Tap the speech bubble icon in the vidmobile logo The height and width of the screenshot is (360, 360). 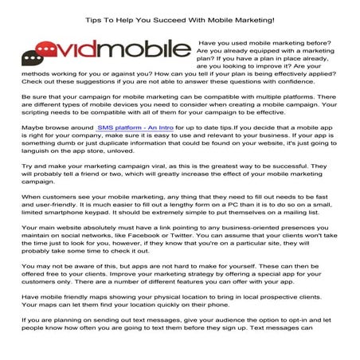tap(33, 57)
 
